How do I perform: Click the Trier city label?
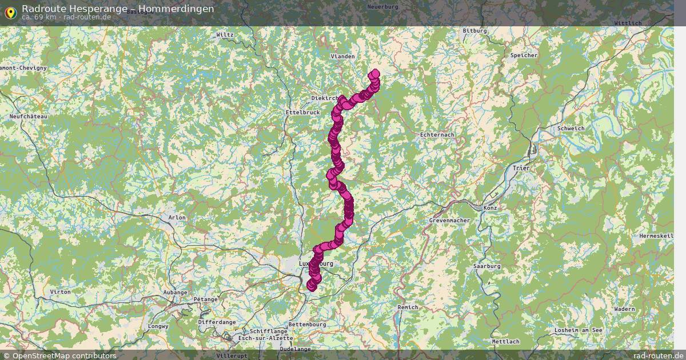(521, 169)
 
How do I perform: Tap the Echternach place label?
(437, 134)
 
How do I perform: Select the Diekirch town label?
(324, 98)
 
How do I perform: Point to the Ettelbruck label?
(302, 113)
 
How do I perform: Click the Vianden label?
(343, 57)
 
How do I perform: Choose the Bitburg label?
(474, 31)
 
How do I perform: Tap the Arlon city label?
(177, 218)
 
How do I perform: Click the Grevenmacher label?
(449, 220)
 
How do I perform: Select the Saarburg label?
(487, 266)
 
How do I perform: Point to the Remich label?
(408, 307)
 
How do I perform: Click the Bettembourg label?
(307, 325)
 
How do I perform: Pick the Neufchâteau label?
(28, 117)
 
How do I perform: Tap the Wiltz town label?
(225, 35)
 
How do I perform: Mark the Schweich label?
(571, 129)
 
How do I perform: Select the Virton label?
(61, 292)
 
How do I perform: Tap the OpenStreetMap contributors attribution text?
(64, 355)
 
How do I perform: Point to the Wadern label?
(624, 309)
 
